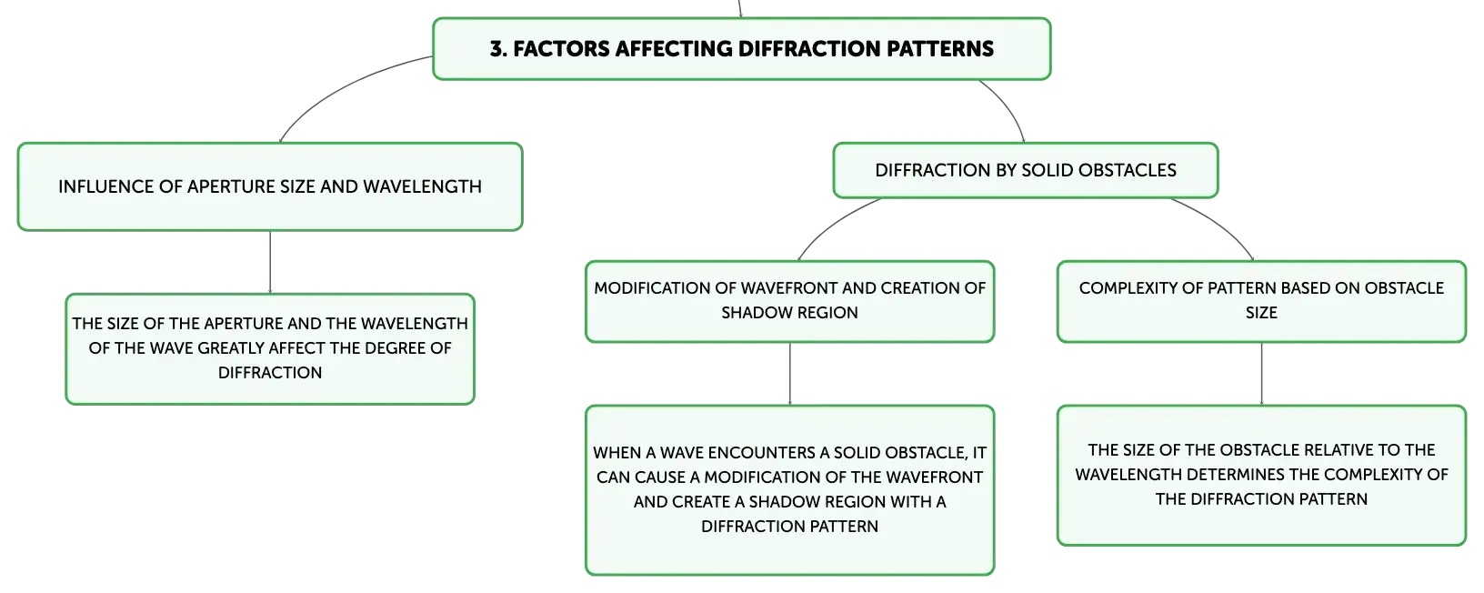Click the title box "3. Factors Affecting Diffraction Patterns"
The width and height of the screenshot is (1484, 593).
pyautogui.click(x=741, y=49)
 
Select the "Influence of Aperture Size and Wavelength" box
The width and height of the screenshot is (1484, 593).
pyautogui.click(x=270, y=186)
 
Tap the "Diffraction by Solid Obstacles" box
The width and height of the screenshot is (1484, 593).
pyautogui.click(x=1026, y=170)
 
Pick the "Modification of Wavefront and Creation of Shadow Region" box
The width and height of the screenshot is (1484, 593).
pyautogui.click(x=789, y=301)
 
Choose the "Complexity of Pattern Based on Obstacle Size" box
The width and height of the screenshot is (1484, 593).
pyautogui.click(x=1261, y=301)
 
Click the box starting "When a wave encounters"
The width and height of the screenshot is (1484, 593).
pyautogui.click(x=789, y=490)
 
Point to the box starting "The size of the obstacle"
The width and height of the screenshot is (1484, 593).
pyautogui.click(x=1261, y=476)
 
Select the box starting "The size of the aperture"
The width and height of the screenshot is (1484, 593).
pyautogui.click(x=270, y=349)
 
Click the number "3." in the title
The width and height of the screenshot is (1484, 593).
pyautogui.click(x=498, y=49)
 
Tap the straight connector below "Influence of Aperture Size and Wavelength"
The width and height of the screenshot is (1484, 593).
pyautogui.click(x=270, y=262)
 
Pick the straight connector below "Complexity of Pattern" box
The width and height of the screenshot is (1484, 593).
pyautogui.click(x=1261, y=374)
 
